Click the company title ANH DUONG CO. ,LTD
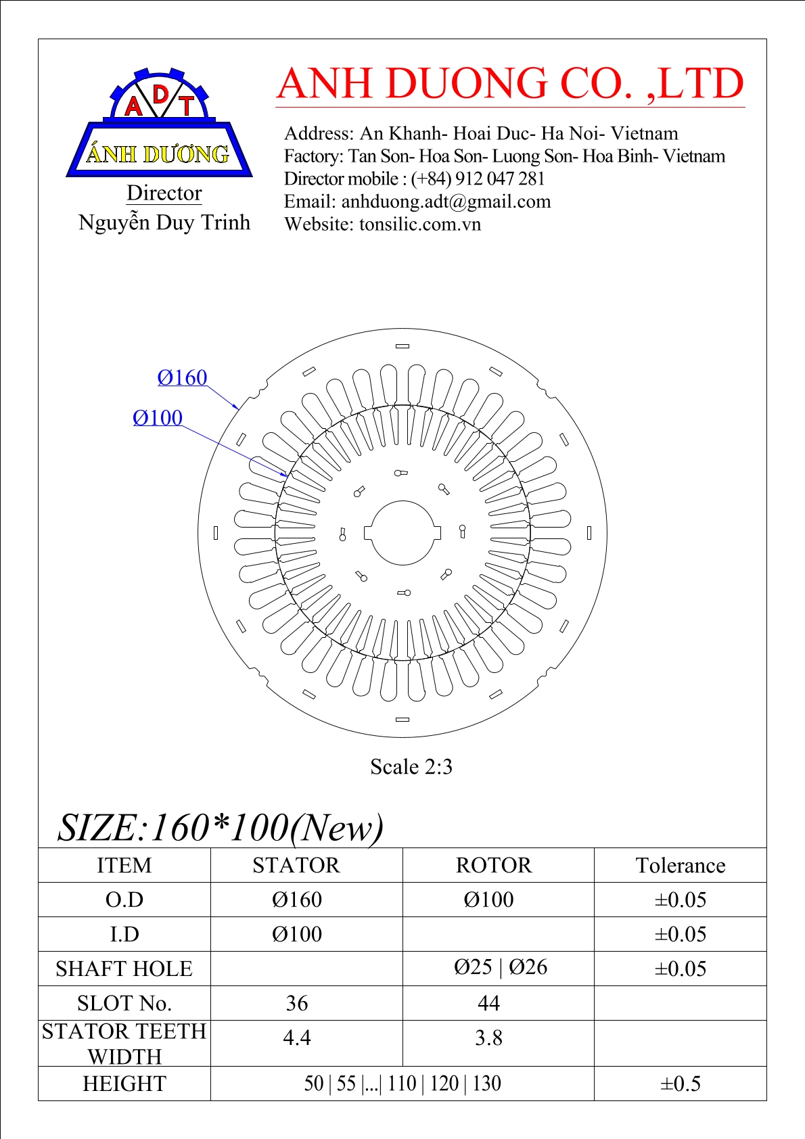510,84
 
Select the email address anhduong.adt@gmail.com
446,202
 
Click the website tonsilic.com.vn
419,225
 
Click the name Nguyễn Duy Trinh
164,223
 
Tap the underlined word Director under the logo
164,193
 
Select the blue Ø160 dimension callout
182,377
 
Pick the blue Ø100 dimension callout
158,418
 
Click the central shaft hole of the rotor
402,533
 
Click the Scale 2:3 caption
411,767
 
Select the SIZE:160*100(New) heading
221,827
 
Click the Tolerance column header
680,866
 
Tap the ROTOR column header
494,866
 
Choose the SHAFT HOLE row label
124,969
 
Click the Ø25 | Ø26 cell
501,967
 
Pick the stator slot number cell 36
297,1003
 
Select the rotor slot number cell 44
488,1003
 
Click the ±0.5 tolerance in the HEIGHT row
680,1084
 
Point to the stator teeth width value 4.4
297,1038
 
